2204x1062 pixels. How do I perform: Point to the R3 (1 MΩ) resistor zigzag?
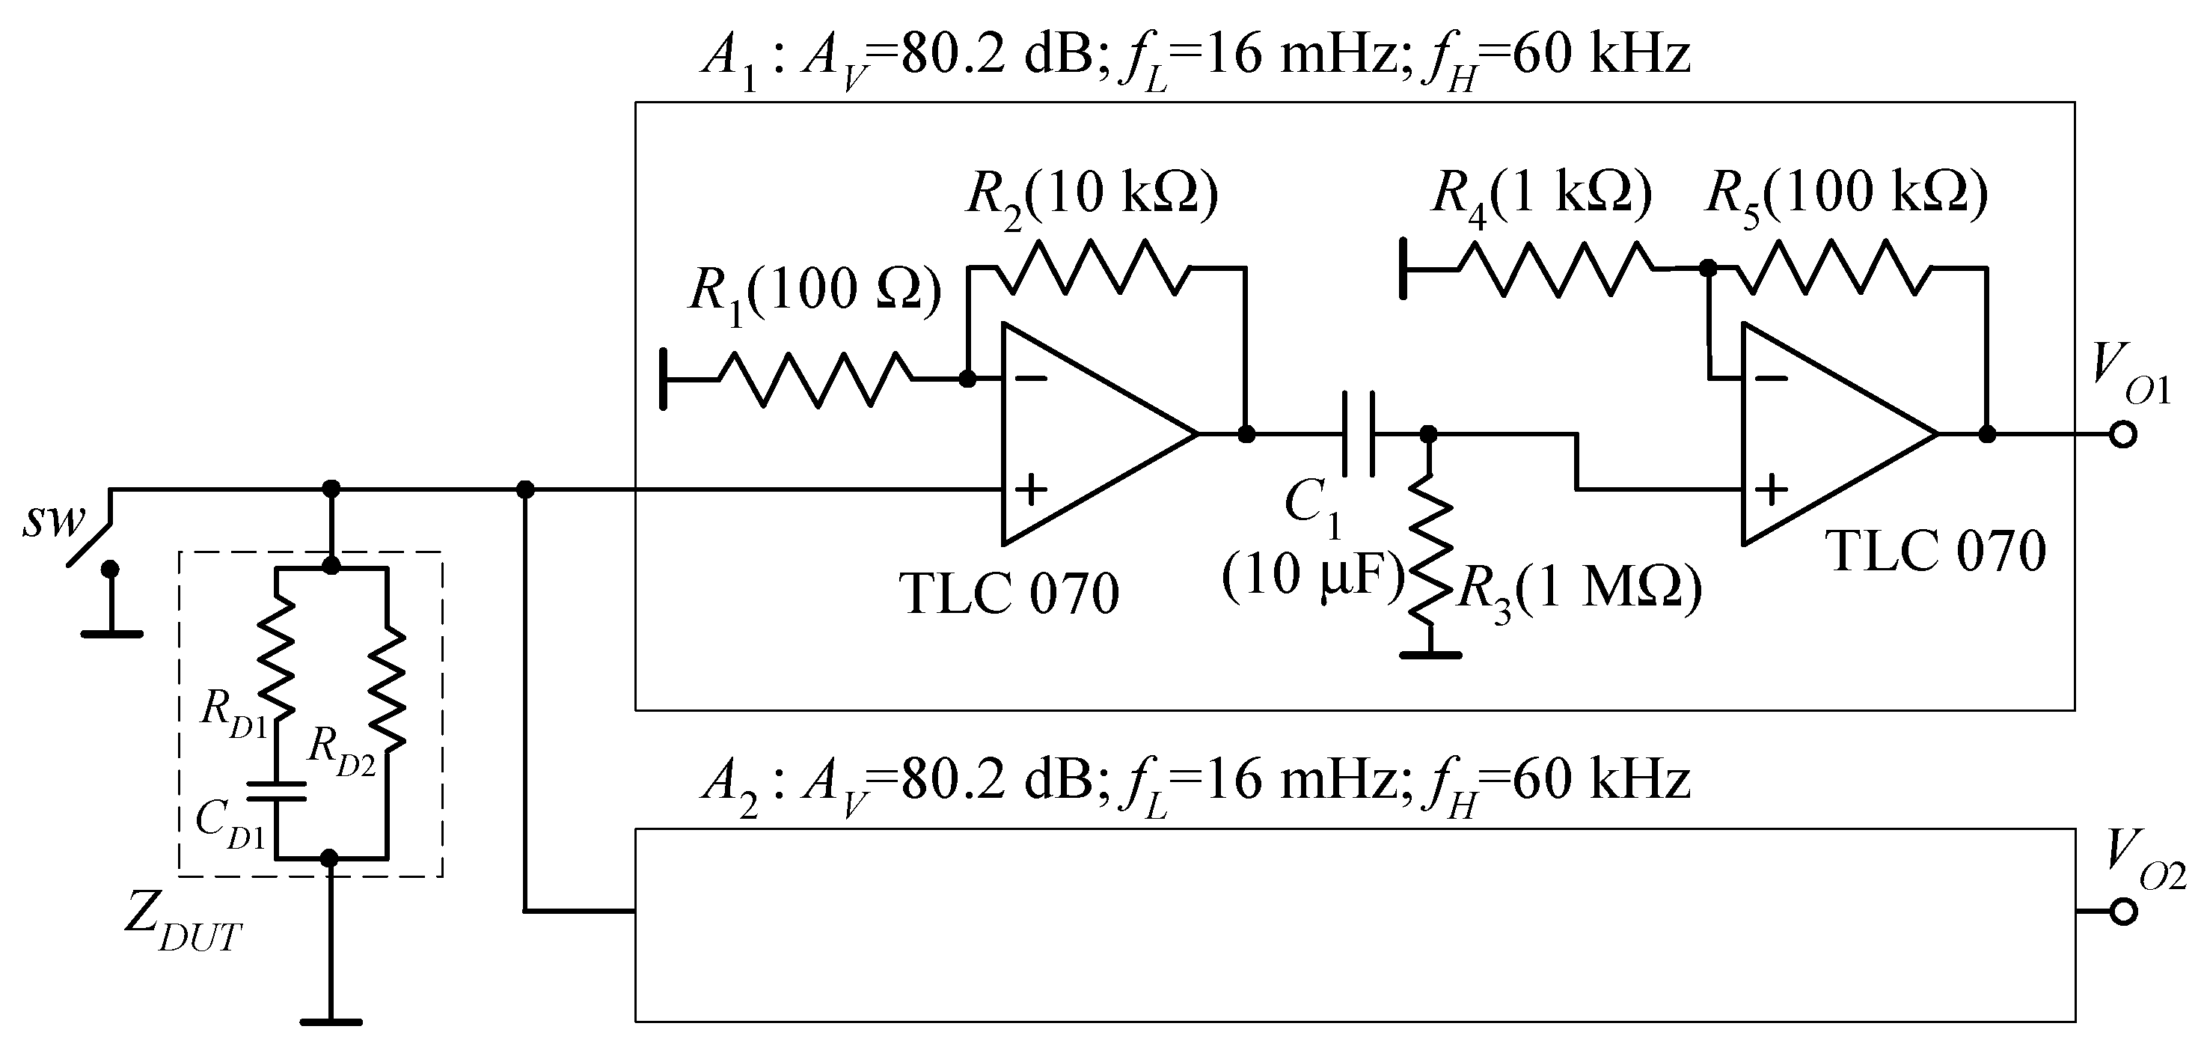(1430, 560)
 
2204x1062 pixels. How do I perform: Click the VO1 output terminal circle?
(2122, 435)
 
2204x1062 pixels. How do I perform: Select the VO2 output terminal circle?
(2122, 912)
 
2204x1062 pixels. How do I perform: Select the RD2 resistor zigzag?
(387, 689)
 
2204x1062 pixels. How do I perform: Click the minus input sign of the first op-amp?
(1032, 378)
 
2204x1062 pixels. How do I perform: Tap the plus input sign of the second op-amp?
(1772, 490)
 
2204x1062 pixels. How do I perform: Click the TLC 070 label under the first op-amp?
(1008, 593)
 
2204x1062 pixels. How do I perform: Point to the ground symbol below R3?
(1430, 655)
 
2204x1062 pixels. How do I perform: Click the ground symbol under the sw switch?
(111, 633)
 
